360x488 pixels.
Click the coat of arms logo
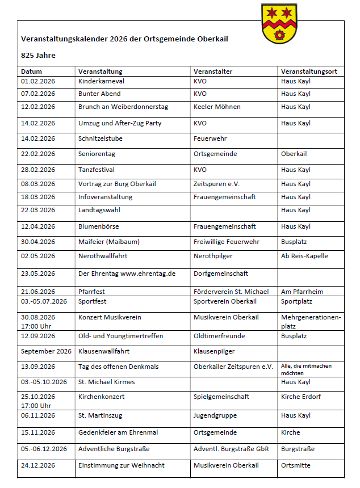coord(278,23)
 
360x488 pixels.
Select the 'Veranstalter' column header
coord(213,71)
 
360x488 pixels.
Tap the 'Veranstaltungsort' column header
coord(309,71)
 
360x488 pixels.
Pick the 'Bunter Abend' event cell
coord(99,94)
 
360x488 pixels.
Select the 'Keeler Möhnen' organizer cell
coord(217,107)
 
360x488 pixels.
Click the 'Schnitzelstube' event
coord(101,138)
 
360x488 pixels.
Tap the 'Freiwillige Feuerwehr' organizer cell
coord(227,242)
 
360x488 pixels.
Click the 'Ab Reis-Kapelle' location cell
coord(304,256)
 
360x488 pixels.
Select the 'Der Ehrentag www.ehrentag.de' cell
coord(127,274)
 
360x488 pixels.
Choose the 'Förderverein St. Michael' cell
coord(231,292)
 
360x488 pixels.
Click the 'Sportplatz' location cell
coord(296,301)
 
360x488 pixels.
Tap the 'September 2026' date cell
coord(46,351)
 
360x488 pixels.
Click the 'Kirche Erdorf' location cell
coord(302,397)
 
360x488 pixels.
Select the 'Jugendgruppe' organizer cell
coord(215,415)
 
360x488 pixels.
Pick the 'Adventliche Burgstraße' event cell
coord(114,449)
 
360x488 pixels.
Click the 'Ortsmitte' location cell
coord(296,465)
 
